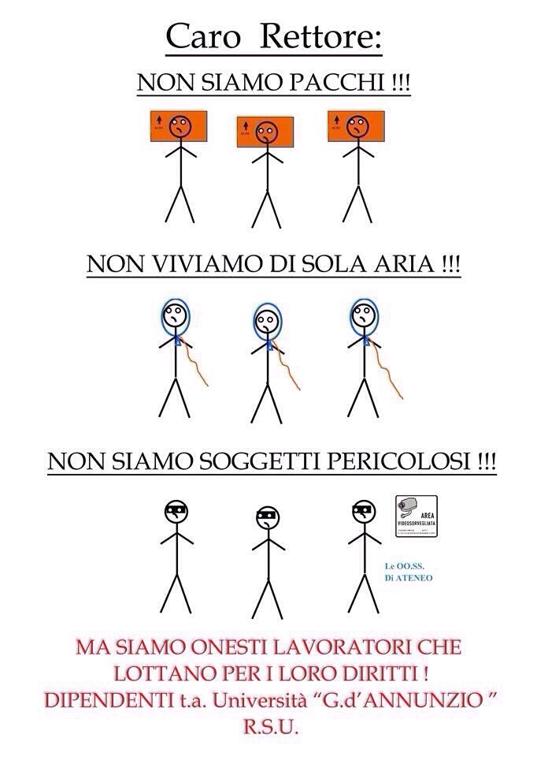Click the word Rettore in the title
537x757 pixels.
323,36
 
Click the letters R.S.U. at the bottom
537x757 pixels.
268,731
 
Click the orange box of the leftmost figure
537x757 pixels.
179,127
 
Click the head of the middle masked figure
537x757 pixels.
267,518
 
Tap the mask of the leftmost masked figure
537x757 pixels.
176,510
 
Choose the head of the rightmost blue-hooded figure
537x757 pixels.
361,316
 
